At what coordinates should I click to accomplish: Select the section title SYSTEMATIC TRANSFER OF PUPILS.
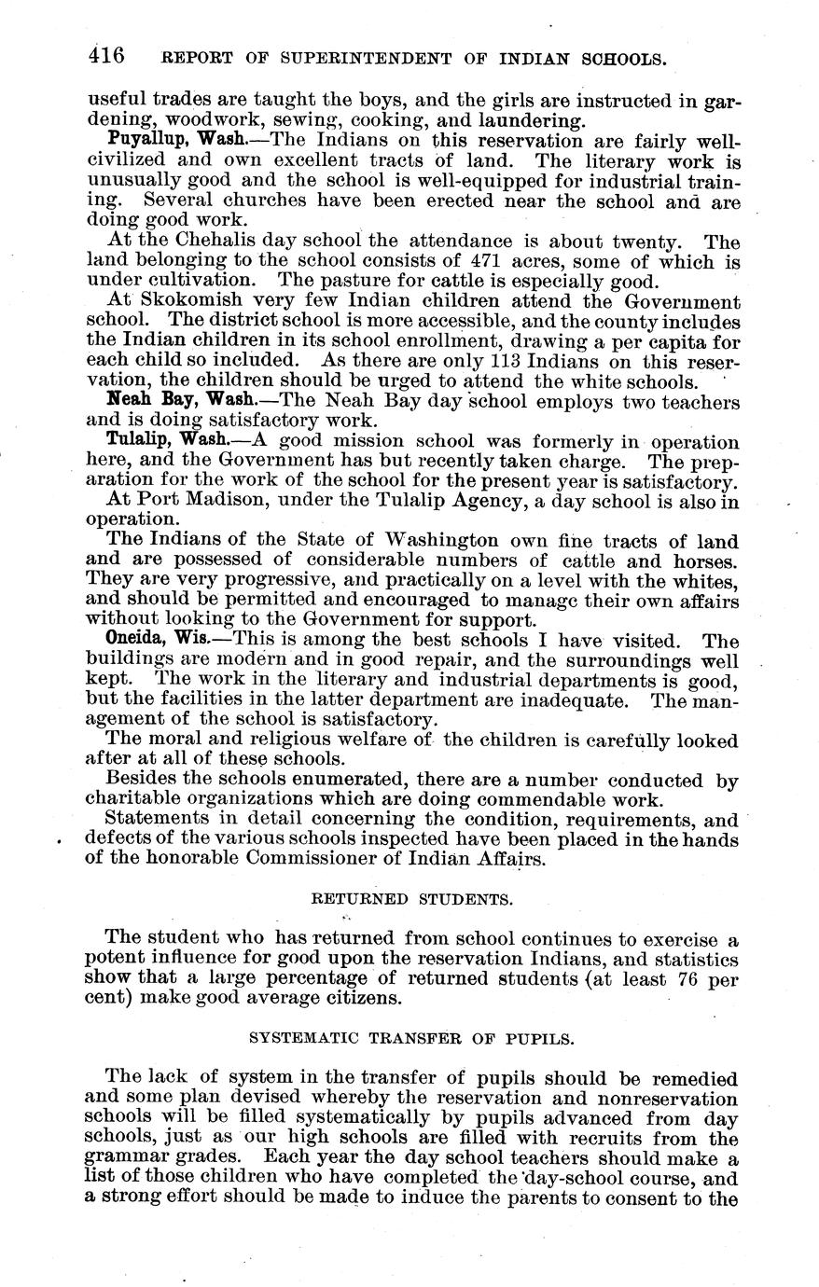(411, 1037)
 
